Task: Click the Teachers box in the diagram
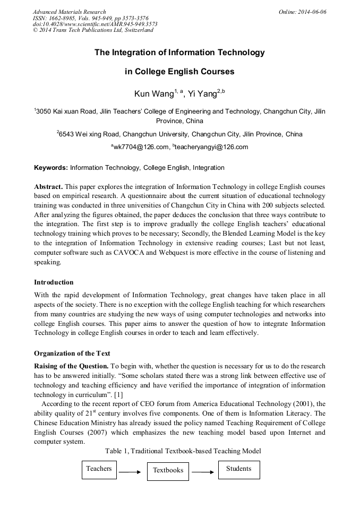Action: (x=99, y=469)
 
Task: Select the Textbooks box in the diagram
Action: (x=168, y=470)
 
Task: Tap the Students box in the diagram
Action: (x=238, y=469)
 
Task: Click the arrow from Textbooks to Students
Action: (x=203, y=471)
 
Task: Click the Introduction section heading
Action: (x=54, y=282)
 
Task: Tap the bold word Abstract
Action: (x=48, y=187)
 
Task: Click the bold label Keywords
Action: (x=51, y=168)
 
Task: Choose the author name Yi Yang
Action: (x=203, y=94)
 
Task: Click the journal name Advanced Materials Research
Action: (x=69, y=12)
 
